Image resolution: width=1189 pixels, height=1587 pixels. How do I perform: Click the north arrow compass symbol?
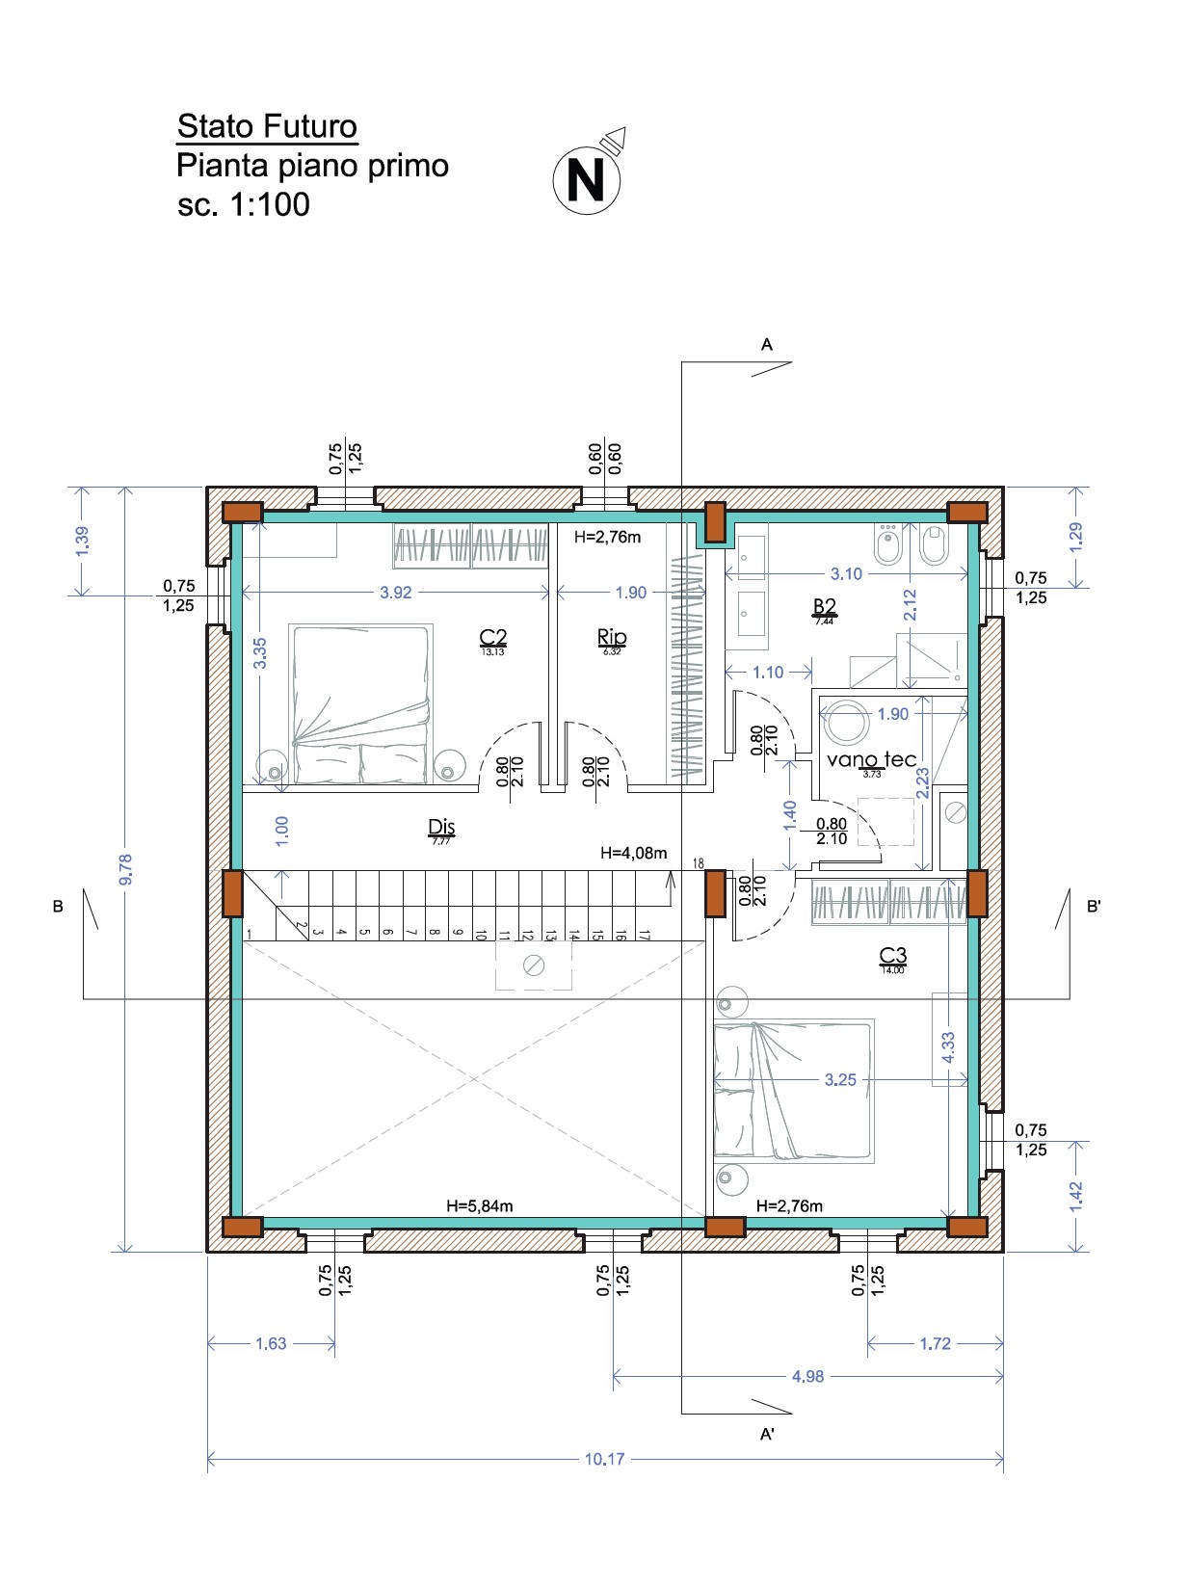(587, 179)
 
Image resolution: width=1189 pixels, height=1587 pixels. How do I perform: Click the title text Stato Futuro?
(267, 126)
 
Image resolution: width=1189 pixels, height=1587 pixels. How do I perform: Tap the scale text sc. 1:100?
(244, 204)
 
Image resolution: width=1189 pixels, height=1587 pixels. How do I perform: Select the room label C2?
(492, 637)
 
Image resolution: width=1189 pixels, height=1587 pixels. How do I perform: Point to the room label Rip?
(612, 637)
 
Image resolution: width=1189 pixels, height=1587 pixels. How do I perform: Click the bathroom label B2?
(825, 606)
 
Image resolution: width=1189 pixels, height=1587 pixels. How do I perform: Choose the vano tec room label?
(871, 759)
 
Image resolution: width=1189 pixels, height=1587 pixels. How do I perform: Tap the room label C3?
(893, 956)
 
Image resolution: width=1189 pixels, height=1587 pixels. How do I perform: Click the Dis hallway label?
(441, 827)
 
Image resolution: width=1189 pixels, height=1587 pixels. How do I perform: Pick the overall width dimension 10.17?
(604, 1459)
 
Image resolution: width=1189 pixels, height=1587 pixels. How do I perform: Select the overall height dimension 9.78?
(125, 869)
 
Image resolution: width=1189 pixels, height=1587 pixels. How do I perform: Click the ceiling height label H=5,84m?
(479, 1205)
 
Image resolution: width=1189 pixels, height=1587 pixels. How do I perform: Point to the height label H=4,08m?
(633, 853)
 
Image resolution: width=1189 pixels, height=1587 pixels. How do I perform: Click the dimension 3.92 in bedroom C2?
(395, 593)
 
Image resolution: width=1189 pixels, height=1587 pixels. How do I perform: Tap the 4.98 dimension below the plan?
(807, 1376)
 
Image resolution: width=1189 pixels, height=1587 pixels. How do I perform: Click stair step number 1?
(250, 934)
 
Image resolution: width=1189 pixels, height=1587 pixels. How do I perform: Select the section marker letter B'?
(1094, 907)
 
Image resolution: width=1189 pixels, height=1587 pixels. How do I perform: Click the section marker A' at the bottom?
(768, 1435)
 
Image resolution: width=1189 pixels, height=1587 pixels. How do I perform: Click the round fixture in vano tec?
(846, 722)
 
